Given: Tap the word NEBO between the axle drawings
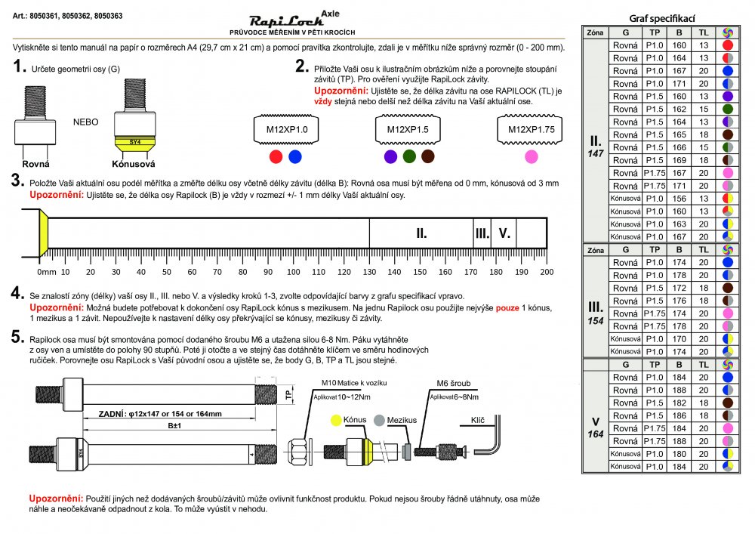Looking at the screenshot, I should coord(85,121).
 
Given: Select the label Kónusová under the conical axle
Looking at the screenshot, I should coord(133,164).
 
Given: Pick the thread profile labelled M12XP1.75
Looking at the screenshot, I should coord(530,129).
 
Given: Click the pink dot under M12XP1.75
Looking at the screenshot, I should coord(531,156).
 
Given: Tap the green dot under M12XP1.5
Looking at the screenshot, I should coord(409,156).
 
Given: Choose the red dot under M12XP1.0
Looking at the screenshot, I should coord(276,156).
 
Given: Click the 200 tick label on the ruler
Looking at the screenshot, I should coord(547,272).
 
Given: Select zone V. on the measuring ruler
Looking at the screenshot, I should coord(504,233).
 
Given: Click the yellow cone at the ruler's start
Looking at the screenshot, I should coord(44,233).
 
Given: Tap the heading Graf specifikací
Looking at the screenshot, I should coord(661,18).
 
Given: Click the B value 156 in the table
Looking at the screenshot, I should coord(679,199).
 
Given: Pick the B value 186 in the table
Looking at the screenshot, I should coord(679,415).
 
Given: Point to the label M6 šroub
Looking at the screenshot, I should coord(453,383).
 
